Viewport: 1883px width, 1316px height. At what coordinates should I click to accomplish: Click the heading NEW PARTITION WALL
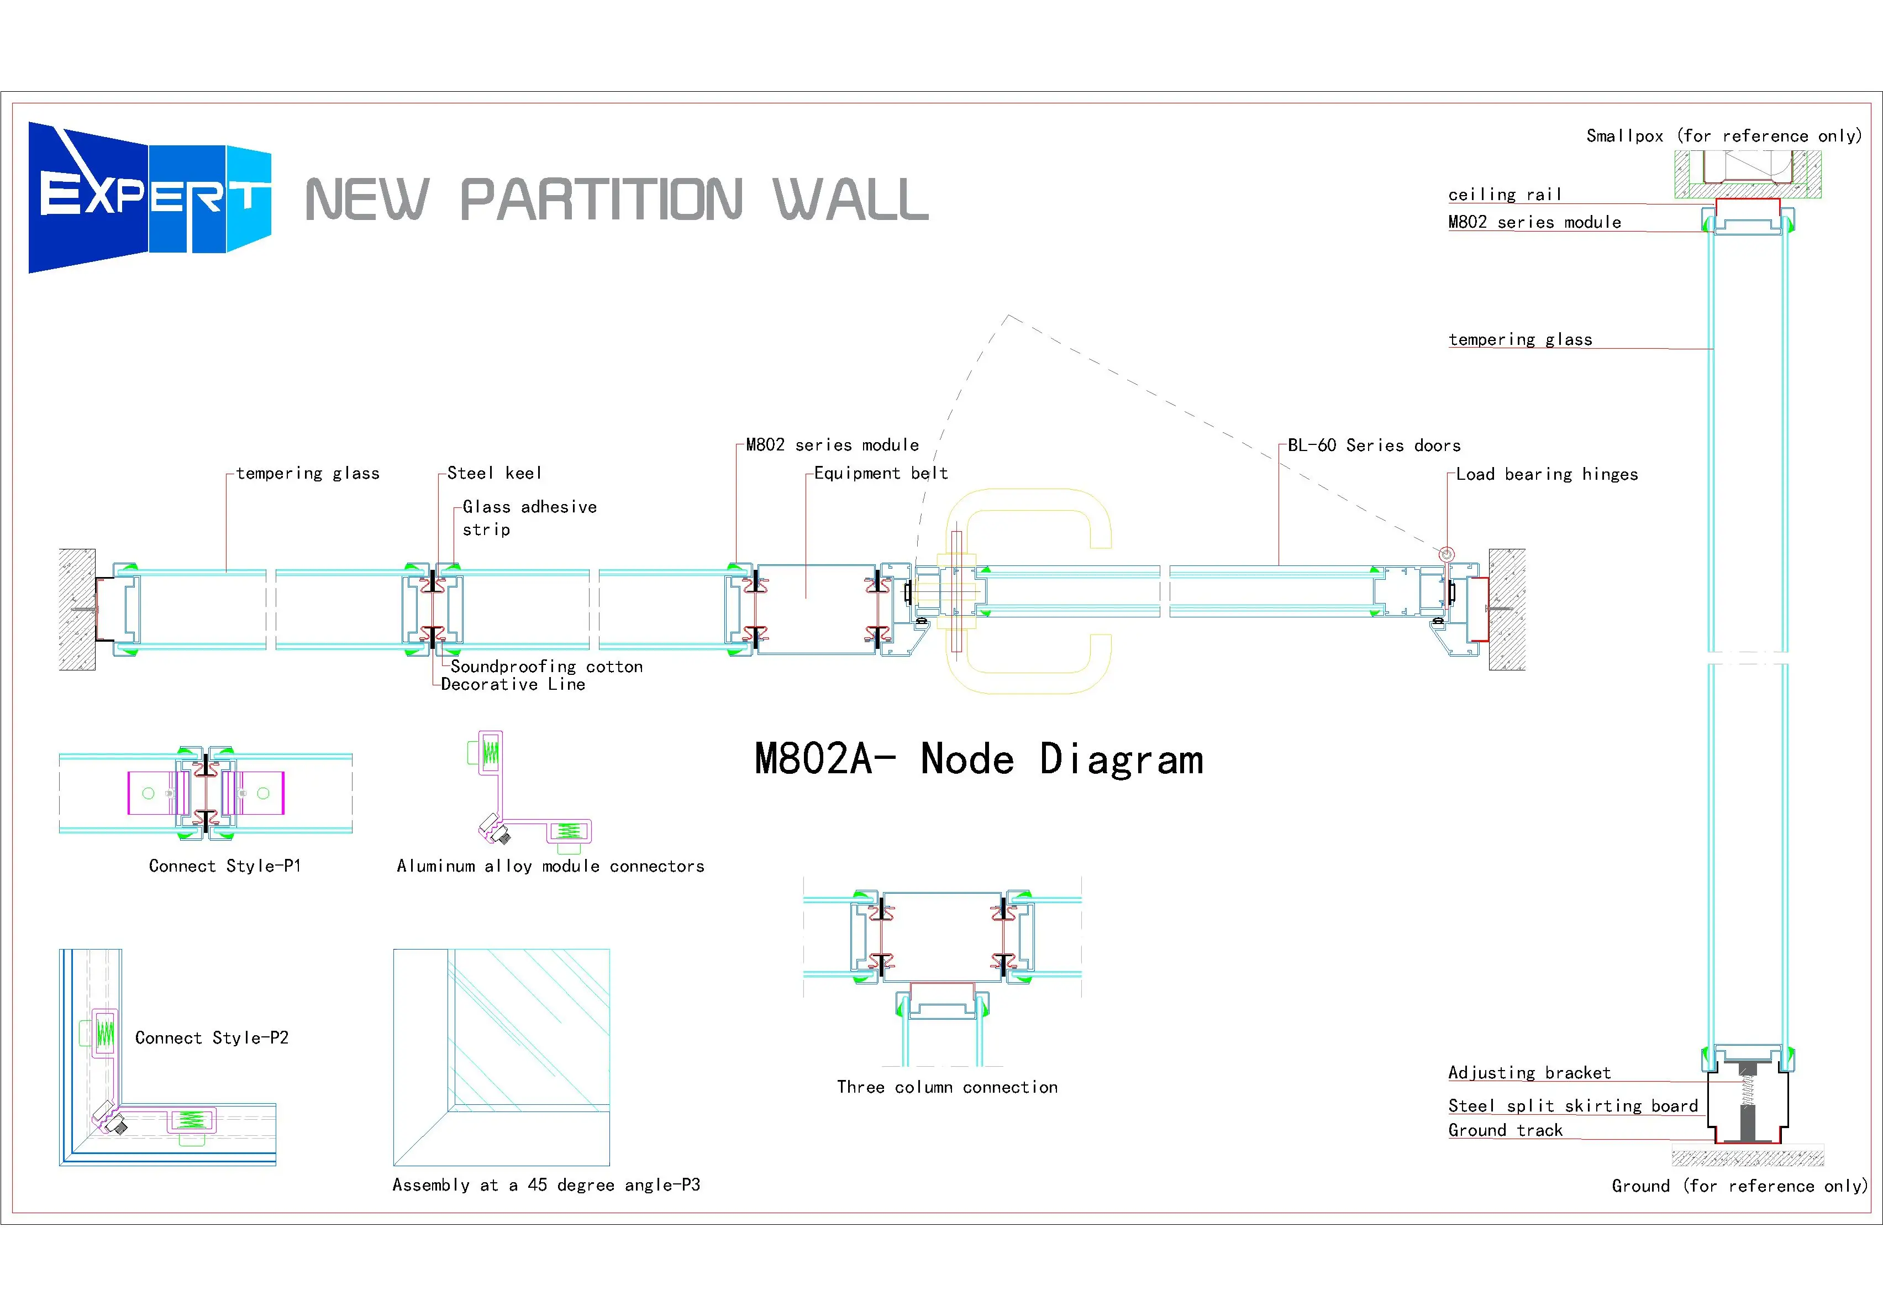pyautogui.click(x=616, y=200)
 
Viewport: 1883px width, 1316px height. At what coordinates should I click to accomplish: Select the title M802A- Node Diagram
pyautogui.click(x=979, y=759)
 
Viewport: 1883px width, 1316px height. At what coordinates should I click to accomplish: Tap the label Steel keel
pyautogui.click(x=494, y=474)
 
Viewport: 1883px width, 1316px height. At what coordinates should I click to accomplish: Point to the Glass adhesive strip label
pyautogui.click(x=529, y=518)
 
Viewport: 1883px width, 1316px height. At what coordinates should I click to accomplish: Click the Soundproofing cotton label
pyautogui.click(x=546, y=666)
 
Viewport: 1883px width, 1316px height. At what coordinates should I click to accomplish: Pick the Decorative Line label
pyautogui.click(x=513, y=685)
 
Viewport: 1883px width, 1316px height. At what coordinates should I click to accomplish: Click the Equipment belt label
pyautogui.click(x=881, y=474)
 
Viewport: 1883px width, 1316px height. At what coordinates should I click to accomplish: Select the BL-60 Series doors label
pyautogui.click(x=1374, y=445)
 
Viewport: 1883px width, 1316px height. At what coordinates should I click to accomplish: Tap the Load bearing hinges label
pyautogui.click(x=1547, y=474)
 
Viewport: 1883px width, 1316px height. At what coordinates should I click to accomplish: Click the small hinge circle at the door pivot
pyautogui.click(x=1447, y=554)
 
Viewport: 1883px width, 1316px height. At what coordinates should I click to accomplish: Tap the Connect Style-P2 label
pyautogui.click(x=212, y=1038)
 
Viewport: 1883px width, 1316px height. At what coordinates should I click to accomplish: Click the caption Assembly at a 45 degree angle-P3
pyautogui.click(x=546, y=1184)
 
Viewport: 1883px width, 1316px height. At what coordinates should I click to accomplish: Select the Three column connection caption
pyautogui.click(x=947, y=1087)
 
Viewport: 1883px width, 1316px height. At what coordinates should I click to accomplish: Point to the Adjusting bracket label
pyautogui.click(x=1529, y=1072)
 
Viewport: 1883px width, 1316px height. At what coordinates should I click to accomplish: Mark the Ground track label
pyautogui.click(x=1505, y=1130)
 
